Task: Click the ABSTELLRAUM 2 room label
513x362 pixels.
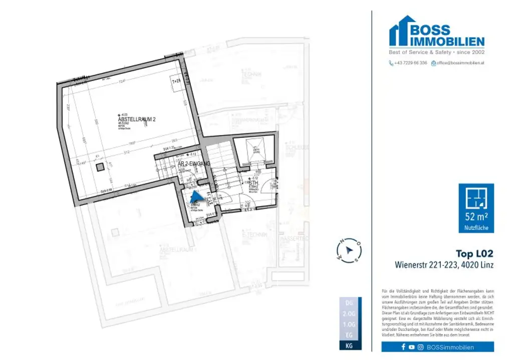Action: point(137,119)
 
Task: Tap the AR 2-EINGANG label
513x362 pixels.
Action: point(193,163)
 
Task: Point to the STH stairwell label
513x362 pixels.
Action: point(252,183)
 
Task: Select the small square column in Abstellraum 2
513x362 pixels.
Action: point(100,166)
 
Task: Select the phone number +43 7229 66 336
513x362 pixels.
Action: point(408,63)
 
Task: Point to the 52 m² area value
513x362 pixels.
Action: point(476,217)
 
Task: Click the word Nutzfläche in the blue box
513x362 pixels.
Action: point(476,228)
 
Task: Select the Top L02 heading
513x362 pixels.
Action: point(474,254)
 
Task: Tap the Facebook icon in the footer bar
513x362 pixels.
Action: point(403,347)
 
